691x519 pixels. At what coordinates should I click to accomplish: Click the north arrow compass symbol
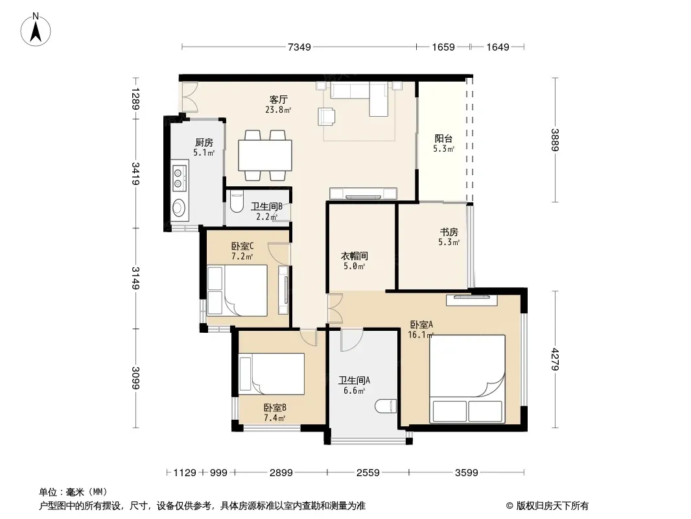36,30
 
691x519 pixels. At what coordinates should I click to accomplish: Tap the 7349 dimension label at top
299,47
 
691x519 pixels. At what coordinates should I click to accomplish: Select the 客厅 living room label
278,99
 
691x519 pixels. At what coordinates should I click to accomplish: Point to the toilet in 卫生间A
386,406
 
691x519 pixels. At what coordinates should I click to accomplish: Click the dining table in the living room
265,155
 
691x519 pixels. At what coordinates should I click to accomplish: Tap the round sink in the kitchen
178,208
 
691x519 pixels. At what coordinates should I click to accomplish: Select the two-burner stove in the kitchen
179,176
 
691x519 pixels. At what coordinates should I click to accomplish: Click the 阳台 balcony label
443,138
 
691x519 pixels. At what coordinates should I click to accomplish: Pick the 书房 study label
449,232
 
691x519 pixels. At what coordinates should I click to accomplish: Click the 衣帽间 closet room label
355,256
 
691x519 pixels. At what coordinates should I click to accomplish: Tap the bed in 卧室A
467,378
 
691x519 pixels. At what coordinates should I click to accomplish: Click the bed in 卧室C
237,290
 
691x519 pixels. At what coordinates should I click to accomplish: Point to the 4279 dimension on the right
555,359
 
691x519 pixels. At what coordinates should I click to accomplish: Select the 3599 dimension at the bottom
466,473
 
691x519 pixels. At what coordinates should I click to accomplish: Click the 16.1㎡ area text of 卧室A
421,335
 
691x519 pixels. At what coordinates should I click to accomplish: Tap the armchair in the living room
327,116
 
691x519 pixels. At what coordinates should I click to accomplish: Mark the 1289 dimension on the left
135,99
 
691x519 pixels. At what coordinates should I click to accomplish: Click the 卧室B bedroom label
275,408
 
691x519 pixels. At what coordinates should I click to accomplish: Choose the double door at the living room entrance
189,97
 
